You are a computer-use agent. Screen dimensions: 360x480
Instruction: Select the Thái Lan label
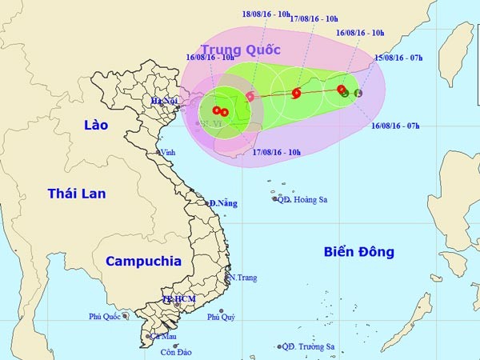pyautogui.click(x=77, y=194)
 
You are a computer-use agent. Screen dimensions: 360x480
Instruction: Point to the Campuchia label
pyautogui.click(x=143, y=261)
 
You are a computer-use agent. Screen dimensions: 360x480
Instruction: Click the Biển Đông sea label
pyautogui.click(x=359, y=252)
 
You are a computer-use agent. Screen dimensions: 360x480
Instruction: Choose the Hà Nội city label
pyautogui.click(x=164, y=102)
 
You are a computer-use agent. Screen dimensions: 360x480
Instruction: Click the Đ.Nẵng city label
pyautogui.click(x=223, y=204)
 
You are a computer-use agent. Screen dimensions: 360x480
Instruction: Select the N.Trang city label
pyautogui.click(x=242, y=278)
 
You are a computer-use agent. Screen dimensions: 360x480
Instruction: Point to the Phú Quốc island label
pyautogui.click(x=104, y=317)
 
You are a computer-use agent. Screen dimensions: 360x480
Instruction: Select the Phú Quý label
pyautogui.click(x=222, y=317)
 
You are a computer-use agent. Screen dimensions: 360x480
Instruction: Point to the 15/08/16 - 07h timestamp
pyautogui.click(x=402, y=58)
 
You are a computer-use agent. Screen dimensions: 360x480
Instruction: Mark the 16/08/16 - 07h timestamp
pyautogui.click(x=397, y=125)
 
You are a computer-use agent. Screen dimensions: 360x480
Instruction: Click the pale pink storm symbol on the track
pyautogui.click(x=250, y=97)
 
